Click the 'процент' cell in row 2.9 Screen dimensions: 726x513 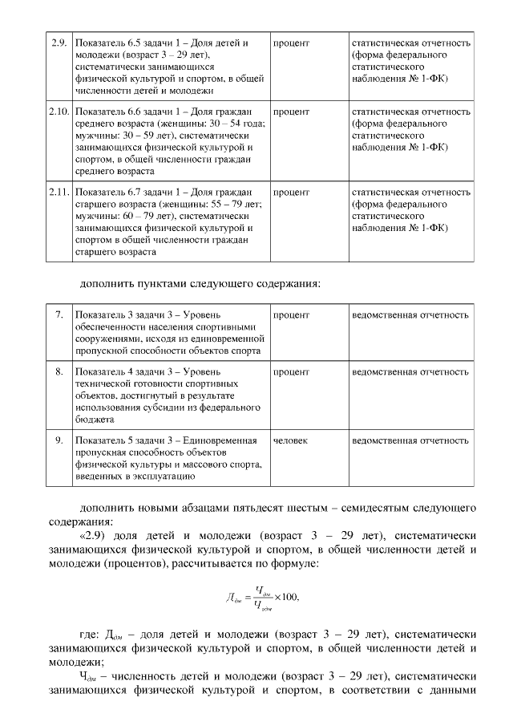[x=291, y=42]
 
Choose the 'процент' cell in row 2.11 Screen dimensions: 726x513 [x=291, y=193]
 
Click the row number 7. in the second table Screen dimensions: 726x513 [x=59, y=315]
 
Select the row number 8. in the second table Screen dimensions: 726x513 [x=59, y=372]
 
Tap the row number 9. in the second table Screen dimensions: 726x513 [x=59, y=440]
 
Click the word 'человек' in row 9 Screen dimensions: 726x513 [x=292, y=440]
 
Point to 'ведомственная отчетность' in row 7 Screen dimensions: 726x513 [x=410, y=315]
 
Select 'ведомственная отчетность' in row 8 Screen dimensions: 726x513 [x=410, y=372]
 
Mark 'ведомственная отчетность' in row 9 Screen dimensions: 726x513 [x=410, y=440]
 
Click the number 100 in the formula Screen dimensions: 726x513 [x=289, y=597]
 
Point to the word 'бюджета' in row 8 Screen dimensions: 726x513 [x=95, y=419]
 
